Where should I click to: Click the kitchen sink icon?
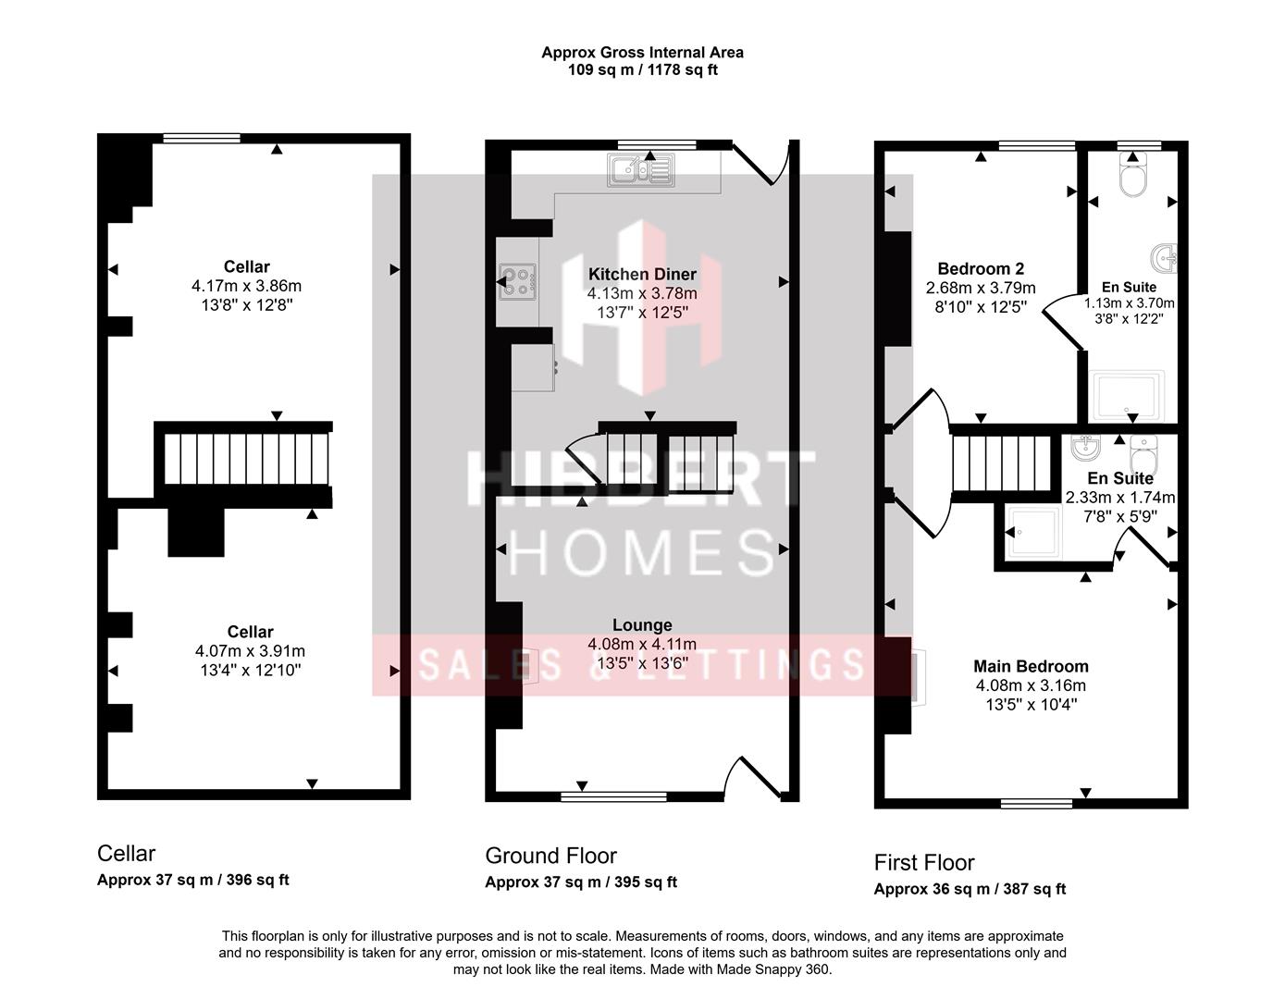tap(640, 169)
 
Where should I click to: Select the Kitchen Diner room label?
tap(642, 275)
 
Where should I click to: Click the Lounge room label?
tap(642, 625)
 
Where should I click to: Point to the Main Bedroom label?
tap(1031, 666)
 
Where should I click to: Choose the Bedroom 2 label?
tap(981, 268)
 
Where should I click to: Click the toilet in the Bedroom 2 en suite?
tap(1132, 175)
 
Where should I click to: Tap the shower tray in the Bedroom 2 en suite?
tap(1128, 395)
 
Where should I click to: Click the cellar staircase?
tap(246, 459)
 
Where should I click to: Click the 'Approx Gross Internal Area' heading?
tap(642, 53)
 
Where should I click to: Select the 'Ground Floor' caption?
tap(550, 856)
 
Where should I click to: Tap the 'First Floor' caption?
tap(924, 863)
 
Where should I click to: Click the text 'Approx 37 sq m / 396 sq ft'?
tap(192, 880)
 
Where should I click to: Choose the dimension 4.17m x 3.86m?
tap(246, 286)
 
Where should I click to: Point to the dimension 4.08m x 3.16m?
tap(1031, 685)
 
